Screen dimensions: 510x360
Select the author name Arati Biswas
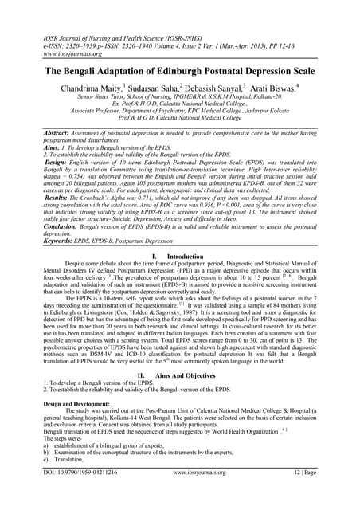295,89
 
